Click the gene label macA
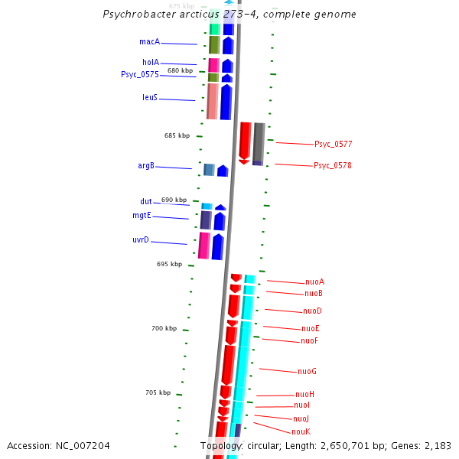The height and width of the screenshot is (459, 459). pyautogui.click(x=149, y=41)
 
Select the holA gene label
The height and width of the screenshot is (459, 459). pyautogui.click(x=151, y=62)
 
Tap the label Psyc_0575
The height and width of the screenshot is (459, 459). pyautogui.click(x=140, y=74)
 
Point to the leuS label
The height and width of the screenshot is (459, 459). pyautogui.click(x=150, y=97)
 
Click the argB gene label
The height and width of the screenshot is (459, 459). pyautogui.click(x=146, y=165)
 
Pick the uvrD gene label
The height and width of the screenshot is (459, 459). pyautogui.click(x=141, y=240)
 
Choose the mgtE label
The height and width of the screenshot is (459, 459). pyautogui.click(x=142, y=216)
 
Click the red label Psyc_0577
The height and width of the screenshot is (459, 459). pyautogui.click(x=333, y=144)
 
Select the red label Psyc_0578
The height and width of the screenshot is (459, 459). pyautogui.click(x=333, y=165)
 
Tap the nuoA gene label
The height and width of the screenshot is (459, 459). pyautogui.click(x=314, y=282)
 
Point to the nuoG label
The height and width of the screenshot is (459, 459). pyautogui.click(x=307, y=371)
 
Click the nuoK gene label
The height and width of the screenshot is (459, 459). pyautogui.click(x=301, y=431)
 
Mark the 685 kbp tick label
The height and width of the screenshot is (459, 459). pyautogui.click(x=177, y=135)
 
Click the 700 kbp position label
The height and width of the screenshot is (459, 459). pyautogui.click(x=164, y=328)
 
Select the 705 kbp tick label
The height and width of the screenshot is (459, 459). pyautogui.click(x=158, y=392)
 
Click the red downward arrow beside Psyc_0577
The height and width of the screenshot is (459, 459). pyautogui.click(x=245, y=142)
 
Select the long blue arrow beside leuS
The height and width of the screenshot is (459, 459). pyautogui.click(x=226, y=102)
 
